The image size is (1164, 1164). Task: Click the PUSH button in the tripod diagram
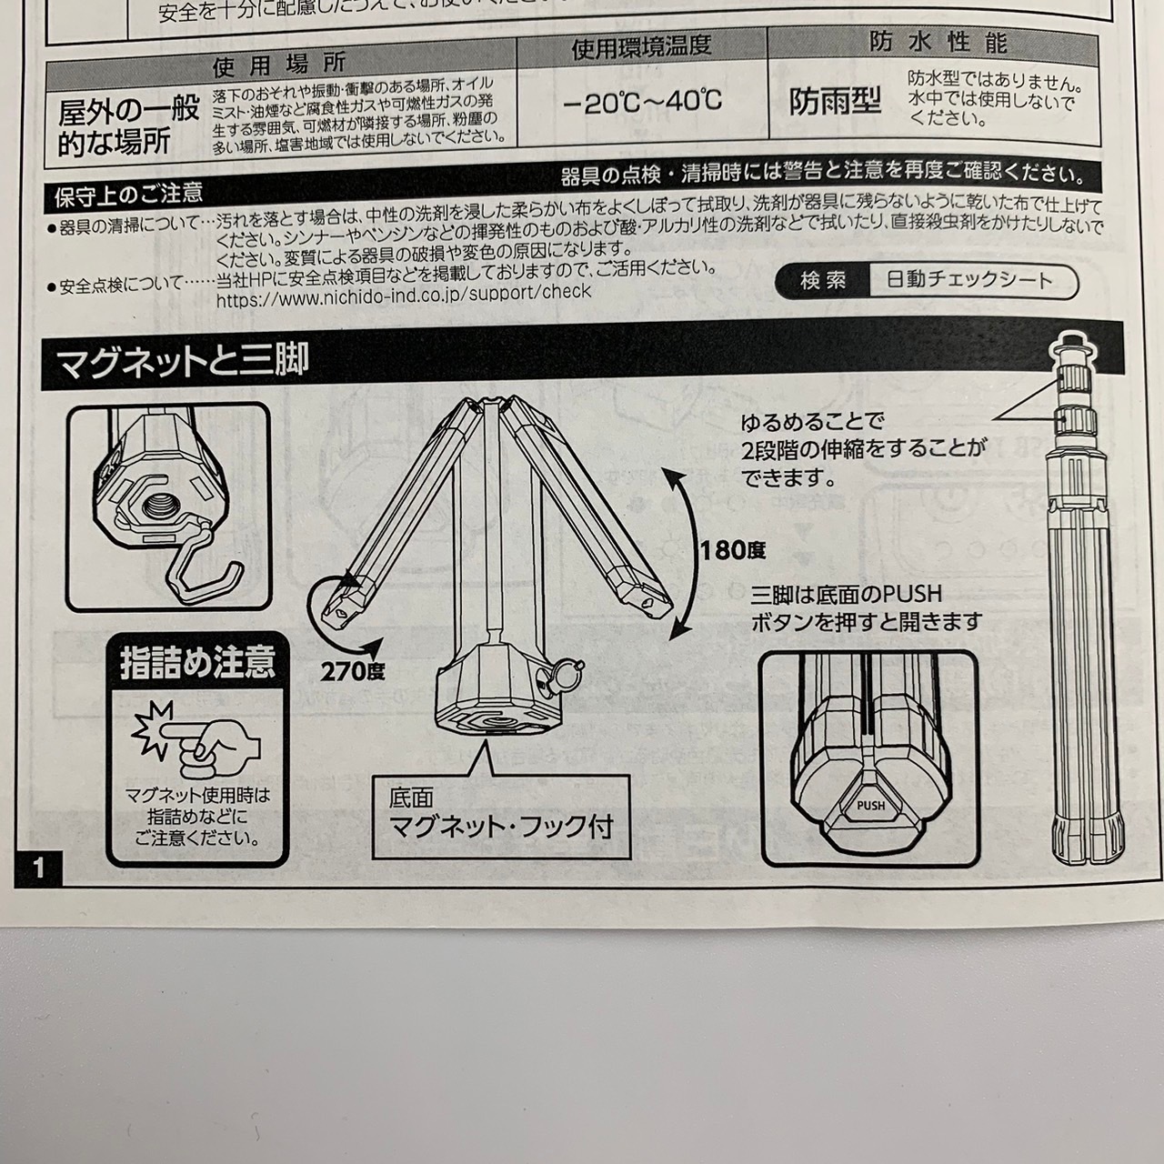click(870, 805)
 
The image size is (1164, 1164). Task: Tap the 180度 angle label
click(732, 549)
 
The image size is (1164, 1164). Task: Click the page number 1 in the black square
click(38, 866)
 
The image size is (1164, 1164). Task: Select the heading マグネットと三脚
click(183, 362)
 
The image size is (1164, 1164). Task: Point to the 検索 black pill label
click(823, 281)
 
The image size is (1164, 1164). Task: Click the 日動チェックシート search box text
click(968, 281)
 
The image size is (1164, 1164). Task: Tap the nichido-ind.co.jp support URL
click(404, 292)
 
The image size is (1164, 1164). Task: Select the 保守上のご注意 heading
click(128, 195)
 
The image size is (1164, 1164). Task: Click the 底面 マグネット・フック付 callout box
click(501, 814)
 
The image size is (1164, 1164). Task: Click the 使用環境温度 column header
click(641, 47)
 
